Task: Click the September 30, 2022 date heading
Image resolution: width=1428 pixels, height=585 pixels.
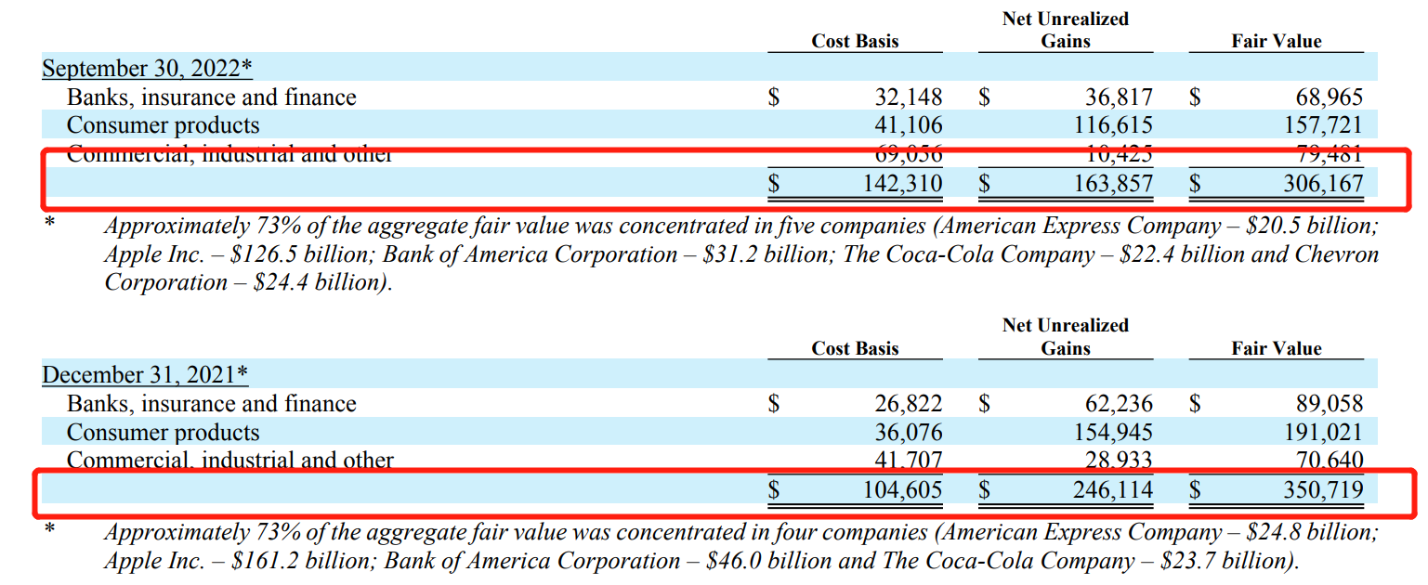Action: pos(148,69)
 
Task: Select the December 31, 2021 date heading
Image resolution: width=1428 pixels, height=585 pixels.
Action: pos(146,375)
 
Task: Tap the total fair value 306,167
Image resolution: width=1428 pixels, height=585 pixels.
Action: pos(1323,184)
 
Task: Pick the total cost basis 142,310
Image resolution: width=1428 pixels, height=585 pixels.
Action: pos(901,184)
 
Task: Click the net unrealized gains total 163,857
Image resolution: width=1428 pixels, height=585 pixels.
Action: pos(1111,184)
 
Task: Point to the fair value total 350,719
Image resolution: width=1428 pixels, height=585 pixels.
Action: pos(1323,489)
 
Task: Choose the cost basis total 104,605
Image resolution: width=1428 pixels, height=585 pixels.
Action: pos(901,489)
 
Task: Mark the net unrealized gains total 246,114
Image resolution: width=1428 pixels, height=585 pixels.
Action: pos(1111,489)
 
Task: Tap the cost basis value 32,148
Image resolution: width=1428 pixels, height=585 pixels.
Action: pos(908,97)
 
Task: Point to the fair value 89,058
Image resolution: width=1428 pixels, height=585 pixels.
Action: pos(1330,404)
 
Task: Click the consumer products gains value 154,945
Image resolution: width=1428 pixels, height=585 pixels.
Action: pos(1111,433)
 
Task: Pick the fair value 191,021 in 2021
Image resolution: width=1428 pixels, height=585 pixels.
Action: pos(1323,433)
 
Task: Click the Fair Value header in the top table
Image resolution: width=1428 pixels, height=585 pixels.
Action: pos(1276,42)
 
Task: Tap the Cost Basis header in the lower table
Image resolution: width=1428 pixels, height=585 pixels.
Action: pos(855,349)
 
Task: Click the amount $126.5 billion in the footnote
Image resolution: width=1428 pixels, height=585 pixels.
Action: pos(300,254)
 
